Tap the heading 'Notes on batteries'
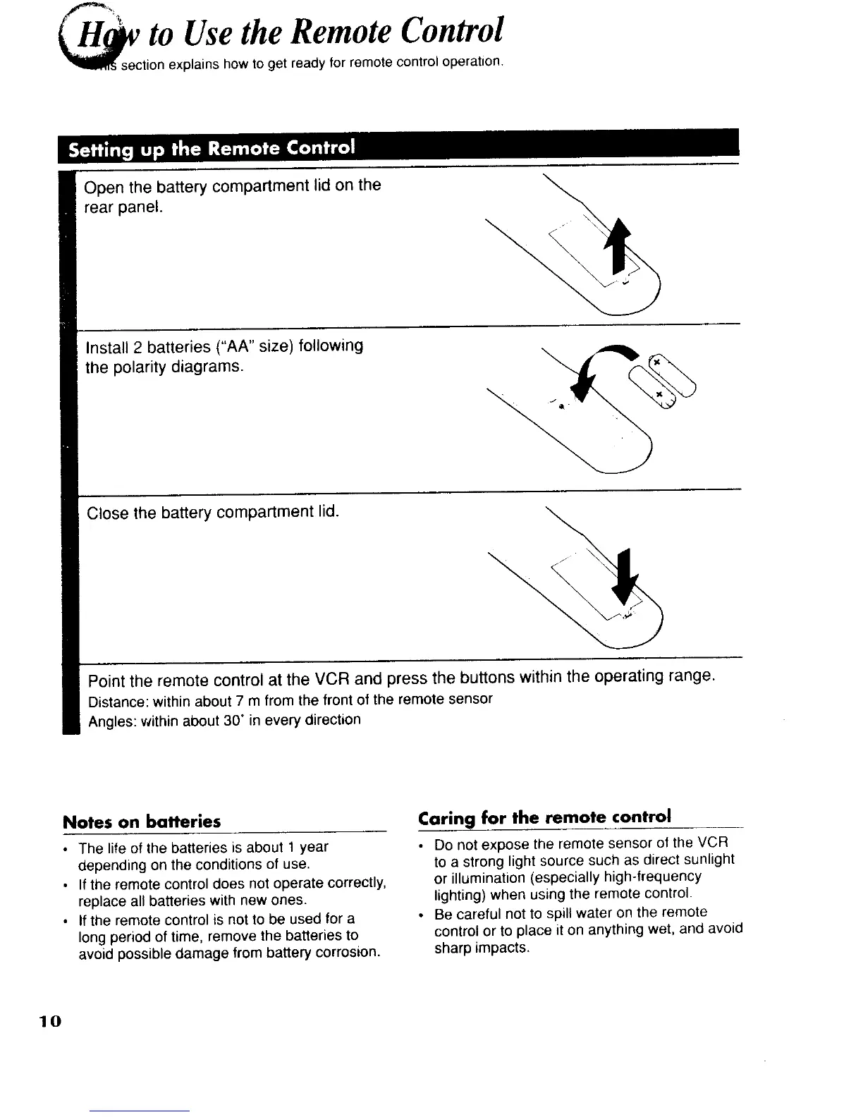(142, 822)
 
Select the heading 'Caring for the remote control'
(544, 817)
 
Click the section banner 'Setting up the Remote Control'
(210, 149)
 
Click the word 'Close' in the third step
(108, 513)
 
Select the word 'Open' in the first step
(104, 188)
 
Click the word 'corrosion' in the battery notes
(349, 953)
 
